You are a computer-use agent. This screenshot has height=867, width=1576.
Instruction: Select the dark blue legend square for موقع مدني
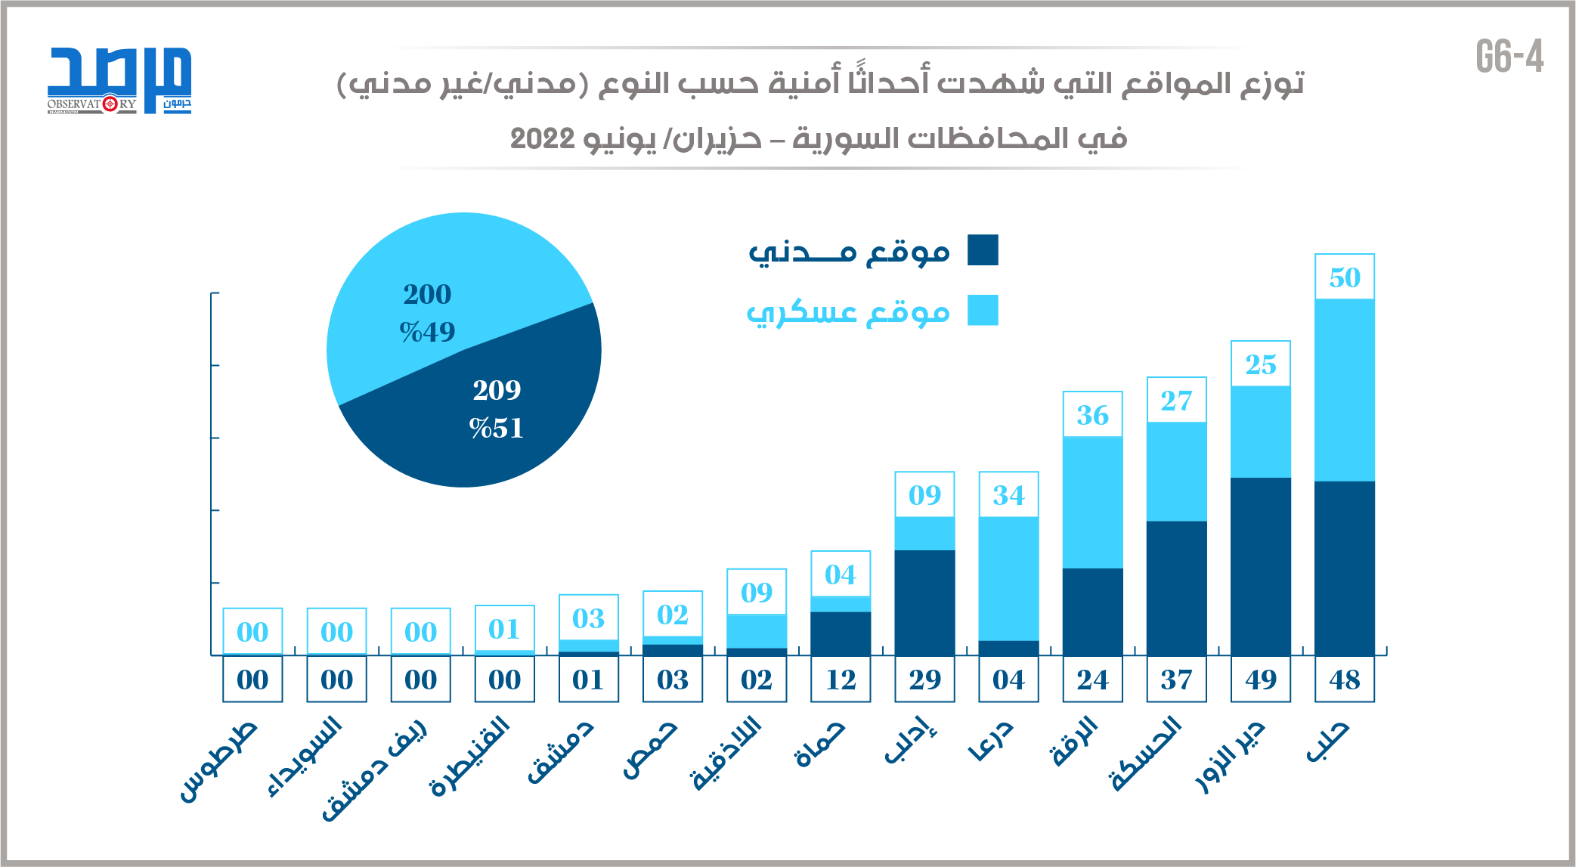pos(983,250)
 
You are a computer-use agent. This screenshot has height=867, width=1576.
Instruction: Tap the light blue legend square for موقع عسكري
pos(983,311)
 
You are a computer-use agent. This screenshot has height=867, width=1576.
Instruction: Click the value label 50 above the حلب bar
pos(1344,277)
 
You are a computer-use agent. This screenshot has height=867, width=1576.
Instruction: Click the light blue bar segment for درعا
pos(1008,578)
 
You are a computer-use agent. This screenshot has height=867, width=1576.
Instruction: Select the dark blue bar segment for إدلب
pos(924,602)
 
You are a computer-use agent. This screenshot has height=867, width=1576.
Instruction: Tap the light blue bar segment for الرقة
pos(1092,502)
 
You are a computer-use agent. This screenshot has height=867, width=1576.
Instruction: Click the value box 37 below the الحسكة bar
pos(1176,680)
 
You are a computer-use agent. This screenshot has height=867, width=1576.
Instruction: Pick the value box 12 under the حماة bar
pos(841,680)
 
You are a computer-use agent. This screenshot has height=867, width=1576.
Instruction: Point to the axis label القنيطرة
pos(470,756)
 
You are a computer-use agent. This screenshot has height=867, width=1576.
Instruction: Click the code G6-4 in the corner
pos(1509,57)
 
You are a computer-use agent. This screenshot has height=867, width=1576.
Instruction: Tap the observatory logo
pos(119,80)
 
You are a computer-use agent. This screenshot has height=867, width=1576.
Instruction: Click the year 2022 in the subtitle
pos(543,139)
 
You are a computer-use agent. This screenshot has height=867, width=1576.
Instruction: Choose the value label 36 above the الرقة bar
pos(1092,415)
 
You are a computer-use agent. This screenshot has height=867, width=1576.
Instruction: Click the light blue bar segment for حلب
pos(1344,390)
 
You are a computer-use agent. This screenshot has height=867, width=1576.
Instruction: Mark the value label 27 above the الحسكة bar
pos(1176,401)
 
